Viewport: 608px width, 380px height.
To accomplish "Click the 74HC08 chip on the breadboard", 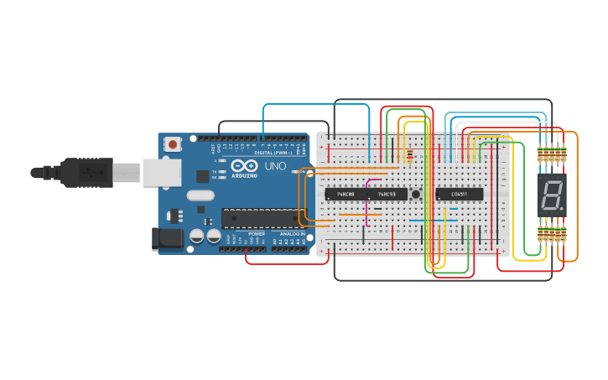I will [345, 194].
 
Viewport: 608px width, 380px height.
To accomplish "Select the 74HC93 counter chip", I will [387, 194].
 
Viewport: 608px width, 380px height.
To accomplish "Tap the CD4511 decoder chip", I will [459, 194].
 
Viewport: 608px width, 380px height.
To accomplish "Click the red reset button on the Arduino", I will [173, 144].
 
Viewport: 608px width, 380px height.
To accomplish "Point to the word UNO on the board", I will [276, 167].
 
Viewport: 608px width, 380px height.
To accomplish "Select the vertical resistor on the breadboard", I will [408, 154].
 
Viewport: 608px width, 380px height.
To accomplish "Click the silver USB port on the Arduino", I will [161, 173].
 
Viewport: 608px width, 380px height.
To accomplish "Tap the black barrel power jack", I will [167, 239].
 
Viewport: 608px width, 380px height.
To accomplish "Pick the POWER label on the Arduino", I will [257, 234].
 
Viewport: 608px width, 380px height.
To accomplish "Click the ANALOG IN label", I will [292, 234].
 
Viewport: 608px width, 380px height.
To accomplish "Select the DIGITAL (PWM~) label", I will [273, 153].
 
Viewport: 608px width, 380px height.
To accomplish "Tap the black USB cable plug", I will [88, 173].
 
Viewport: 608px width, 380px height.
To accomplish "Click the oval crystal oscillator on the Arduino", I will [200, 196].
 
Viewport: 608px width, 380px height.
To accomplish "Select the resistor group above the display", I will [551, 154].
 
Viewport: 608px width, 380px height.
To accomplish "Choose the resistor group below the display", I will [551, 233].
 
